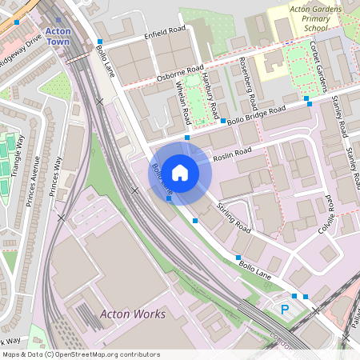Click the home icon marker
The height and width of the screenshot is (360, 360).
180,172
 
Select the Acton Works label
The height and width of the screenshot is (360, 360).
133,314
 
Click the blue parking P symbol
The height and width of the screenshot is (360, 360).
283,309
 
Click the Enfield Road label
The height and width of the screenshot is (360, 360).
164,35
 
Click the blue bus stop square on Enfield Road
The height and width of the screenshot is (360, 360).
100,42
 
